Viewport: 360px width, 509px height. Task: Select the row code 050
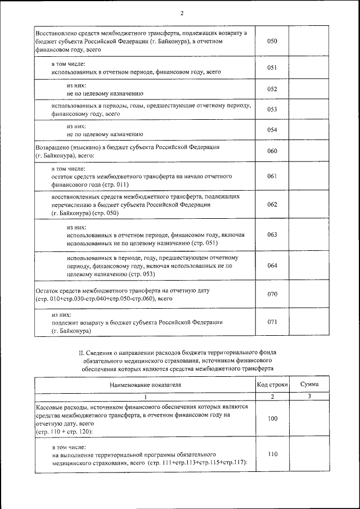(272, 42)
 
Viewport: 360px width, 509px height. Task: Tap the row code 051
(272, 68)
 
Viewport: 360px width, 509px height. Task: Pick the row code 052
(272, 89)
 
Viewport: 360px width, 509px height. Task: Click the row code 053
(272, 109)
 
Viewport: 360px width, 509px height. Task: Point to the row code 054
(272, 130)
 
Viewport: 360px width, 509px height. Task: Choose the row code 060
(272, 151)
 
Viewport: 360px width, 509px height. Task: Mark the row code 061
(272, 176)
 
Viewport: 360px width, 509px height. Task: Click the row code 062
(272, 204)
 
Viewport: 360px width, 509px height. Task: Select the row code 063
(272, 234)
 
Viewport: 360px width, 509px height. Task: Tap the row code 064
(272, 265)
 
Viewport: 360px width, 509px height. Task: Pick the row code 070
(272, 294)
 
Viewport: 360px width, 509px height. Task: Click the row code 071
(272, 322)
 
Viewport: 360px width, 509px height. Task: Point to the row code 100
(272, 418)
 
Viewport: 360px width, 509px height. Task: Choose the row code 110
(272, 454)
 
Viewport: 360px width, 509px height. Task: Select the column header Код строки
(272, 384)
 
